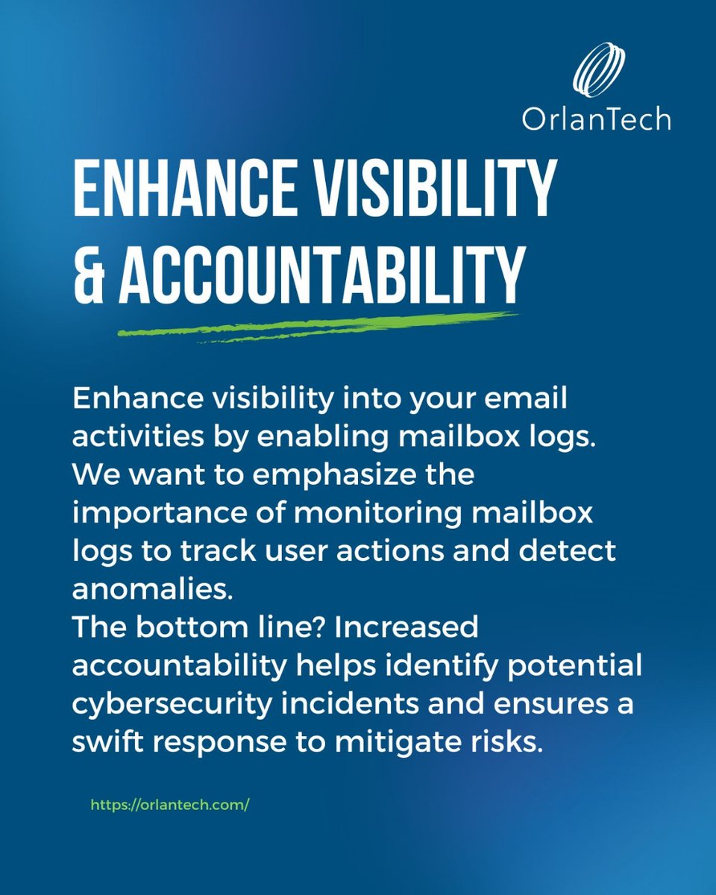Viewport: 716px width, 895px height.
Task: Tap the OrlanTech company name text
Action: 596,119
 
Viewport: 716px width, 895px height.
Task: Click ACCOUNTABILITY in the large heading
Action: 321,274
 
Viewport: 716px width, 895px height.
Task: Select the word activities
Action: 123,438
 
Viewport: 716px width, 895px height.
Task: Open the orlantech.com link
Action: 169,805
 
